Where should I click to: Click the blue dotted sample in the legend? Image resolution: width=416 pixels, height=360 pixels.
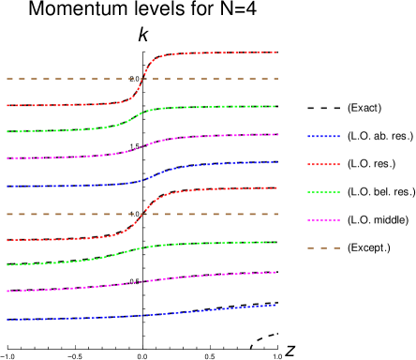(323, 137)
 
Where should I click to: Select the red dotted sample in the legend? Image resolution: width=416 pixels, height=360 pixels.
(323, 164)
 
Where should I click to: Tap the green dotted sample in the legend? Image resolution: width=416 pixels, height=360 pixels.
(323, 192)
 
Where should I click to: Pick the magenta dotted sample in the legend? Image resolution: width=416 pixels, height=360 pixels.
(323, 220)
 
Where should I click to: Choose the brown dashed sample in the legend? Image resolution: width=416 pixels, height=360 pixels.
(323, 247)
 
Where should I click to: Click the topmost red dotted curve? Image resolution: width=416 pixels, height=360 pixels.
(215, 53)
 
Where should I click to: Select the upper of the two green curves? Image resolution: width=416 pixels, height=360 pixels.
(215, 108)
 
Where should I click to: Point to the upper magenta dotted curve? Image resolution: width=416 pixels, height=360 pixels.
(215, 137)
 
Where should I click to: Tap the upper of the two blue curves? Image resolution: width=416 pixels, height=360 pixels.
(215, 165)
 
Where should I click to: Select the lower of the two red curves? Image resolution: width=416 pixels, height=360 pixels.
(215, 189)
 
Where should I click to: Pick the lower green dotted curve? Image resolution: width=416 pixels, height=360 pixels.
(215, 244)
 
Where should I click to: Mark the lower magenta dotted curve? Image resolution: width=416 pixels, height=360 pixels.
(215, 275)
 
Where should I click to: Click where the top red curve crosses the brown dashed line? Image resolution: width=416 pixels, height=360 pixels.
(142, 79)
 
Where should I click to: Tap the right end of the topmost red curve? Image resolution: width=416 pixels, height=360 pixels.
(275, 52)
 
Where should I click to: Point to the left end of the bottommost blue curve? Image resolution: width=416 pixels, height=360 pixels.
(7, 320)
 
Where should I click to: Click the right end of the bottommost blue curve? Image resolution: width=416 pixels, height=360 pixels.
(275, 305)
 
